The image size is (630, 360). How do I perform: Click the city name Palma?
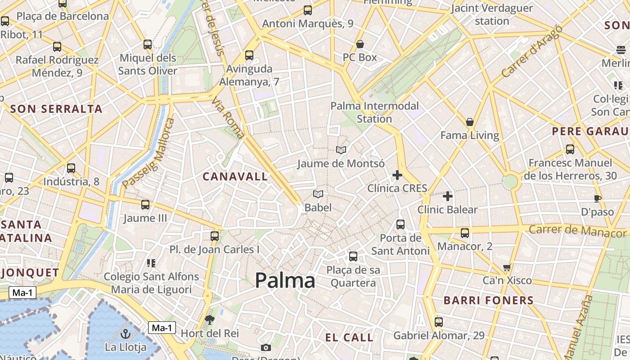285,280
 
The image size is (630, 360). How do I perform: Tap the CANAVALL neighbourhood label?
235,176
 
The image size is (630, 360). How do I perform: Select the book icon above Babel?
318,194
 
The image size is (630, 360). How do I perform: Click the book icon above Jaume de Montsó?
341,150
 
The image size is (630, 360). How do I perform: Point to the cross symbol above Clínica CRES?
397,175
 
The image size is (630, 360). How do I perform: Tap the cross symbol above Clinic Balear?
448,196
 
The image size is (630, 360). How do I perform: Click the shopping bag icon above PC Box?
360,44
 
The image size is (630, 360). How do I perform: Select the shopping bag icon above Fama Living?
470,122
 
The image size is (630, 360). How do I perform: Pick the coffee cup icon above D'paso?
598,198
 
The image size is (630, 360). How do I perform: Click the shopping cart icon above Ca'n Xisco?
507,268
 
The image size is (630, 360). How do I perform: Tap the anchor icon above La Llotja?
126,334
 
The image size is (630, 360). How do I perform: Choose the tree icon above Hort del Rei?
209,320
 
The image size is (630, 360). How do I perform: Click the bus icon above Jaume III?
145,205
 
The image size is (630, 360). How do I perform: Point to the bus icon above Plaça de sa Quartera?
353,256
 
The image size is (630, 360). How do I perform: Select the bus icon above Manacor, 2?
465,233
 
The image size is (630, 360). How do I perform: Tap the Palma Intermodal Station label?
374,112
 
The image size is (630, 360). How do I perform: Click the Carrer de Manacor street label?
577,230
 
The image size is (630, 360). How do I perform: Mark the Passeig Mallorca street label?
148,153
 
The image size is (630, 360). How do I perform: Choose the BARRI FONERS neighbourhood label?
489,300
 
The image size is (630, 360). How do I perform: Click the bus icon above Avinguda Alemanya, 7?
249,55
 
